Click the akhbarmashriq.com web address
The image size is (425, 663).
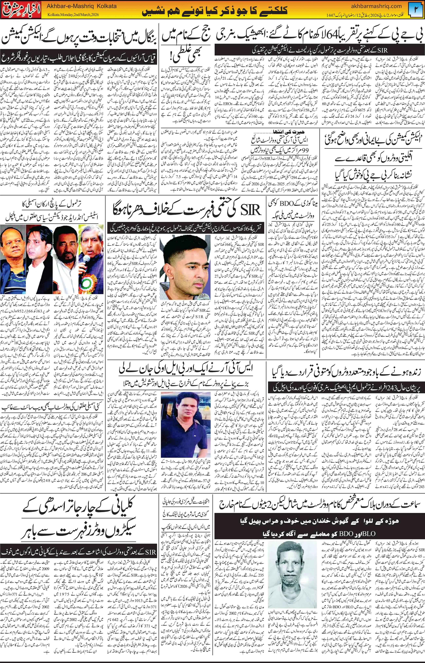[378, 6]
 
